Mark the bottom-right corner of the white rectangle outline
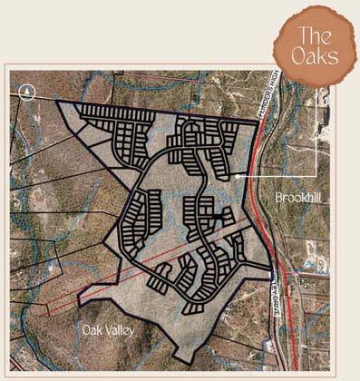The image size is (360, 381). (x=316, y=175)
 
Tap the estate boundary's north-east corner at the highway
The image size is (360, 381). (x=258, y=121)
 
